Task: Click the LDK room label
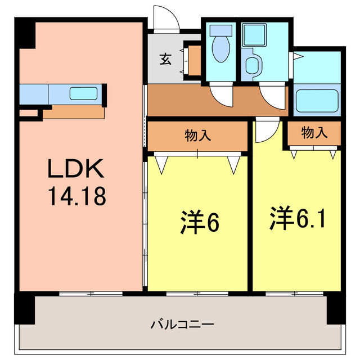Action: pos(76,168)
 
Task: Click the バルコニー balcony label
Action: pos(181,325)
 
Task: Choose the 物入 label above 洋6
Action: pos(198,136)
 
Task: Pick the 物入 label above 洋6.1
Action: pos(314,133)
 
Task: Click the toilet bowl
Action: pos(220,47)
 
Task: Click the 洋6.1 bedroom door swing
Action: pos(263,130)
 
